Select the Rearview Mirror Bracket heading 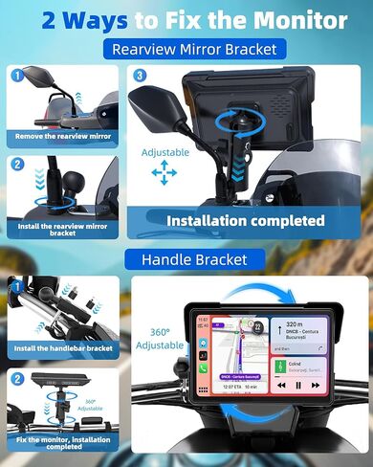194,49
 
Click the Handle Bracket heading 194,259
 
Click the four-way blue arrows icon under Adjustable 164,173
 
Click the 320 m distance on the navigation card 292,324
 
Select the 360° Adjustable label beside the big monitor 160,338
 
